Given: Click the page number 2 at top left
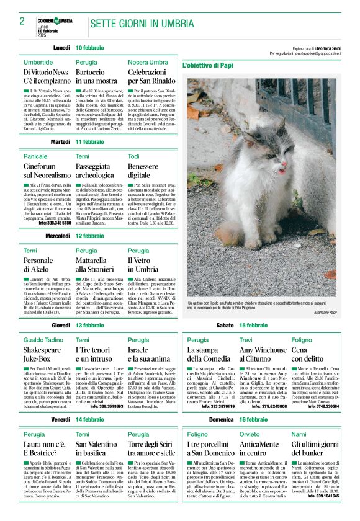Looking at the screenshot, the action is [22, 22].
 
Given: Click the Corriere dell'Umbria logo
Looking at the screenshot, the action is [55, 20].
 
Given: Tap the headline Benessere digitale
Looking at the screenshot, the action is [143, 171].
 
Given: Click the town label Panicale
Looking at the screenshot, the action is [35, 156].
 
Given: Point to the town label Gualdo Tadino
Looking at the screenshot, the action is [43, 340].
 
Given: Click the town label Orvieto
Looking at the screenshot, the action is [250, 434].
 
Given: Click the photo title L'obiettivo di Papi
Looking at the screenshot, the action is [208, 65].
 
